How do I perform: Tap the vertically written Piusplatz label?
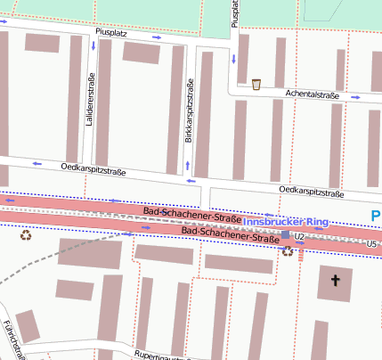tap(235, 13)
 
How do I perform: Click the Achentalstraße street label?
tap(313, 94)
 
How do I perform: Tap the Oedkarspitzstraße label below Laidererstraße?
tap(93, 168)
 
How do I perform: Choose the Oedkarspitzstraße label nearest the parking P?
tap(311, 191)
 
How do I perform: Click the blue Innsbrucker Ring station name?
tap(286, 221)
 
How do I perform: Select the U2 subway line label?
tap(300, 236)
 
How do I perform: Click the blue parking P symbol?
tap(375, 216)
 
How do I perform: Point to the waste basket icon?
tap(256, 85)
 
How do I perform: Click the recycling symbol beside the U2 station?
tap(288, 251)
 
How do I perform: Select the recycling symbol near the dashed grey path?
tap(26, 235)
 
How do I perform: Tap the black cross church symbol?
tap(335, 281)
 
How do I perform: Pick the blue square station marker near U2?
tap(285, 235)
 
